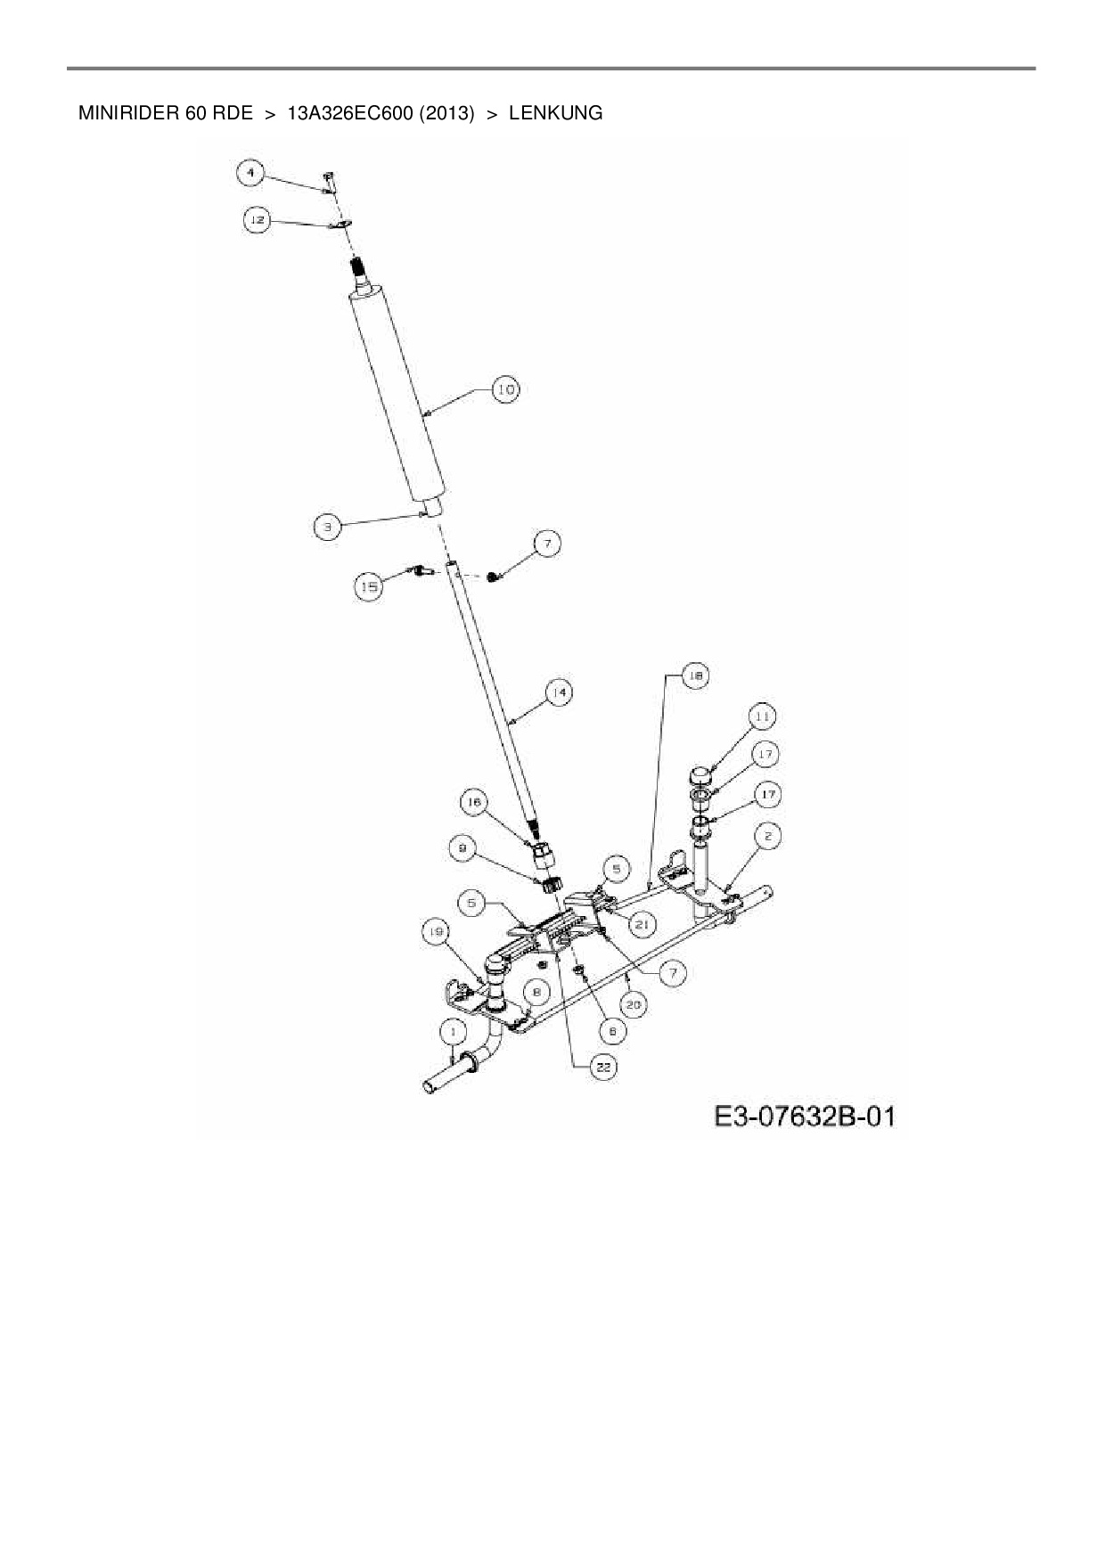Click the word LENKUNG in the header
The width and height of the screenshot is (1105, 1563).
[x=555, y=113]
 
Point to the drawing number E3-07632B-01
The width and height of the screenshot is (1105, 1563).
[x=803, y=1117]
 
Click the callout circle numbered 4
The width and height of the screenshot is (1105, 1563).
[x=251, y=173]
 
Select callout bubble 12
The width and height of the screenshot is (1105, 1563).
[x=257, y=219]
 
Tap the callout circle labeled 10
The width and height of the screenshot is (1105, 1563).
[x=506, y=389]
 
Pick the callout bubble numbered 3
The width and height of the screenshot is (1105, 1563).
[x=327, y=527]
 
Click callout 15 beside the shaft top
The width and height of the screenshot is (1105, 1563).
[x=369, y=586]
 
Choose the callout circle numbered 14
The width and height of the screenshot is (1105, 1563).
[x=559, y=692]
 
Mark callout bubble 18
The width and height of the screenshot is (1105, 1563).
[x=695, y=676]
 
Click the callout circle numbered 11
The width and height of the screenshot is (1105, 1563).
[x=762, y=716]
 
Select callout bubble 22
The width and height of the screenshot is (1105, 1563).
[x=604, y=1067]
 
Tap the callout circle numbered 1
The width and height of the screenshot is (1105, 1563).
[x=454, y=1032]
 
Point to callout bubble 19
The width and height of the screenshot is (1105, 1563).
[x=435, y=933]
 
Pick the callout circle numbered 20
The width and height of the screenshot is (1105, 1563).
[x=634, y=1004]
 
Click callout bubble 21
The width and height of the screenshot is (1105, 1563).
[x=642, y=925]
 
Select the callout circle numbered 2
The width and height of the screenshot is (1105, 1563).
[x=768, y=836]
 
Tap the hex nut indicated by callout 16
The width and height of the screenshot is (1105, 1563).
[x=541, y=856]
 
